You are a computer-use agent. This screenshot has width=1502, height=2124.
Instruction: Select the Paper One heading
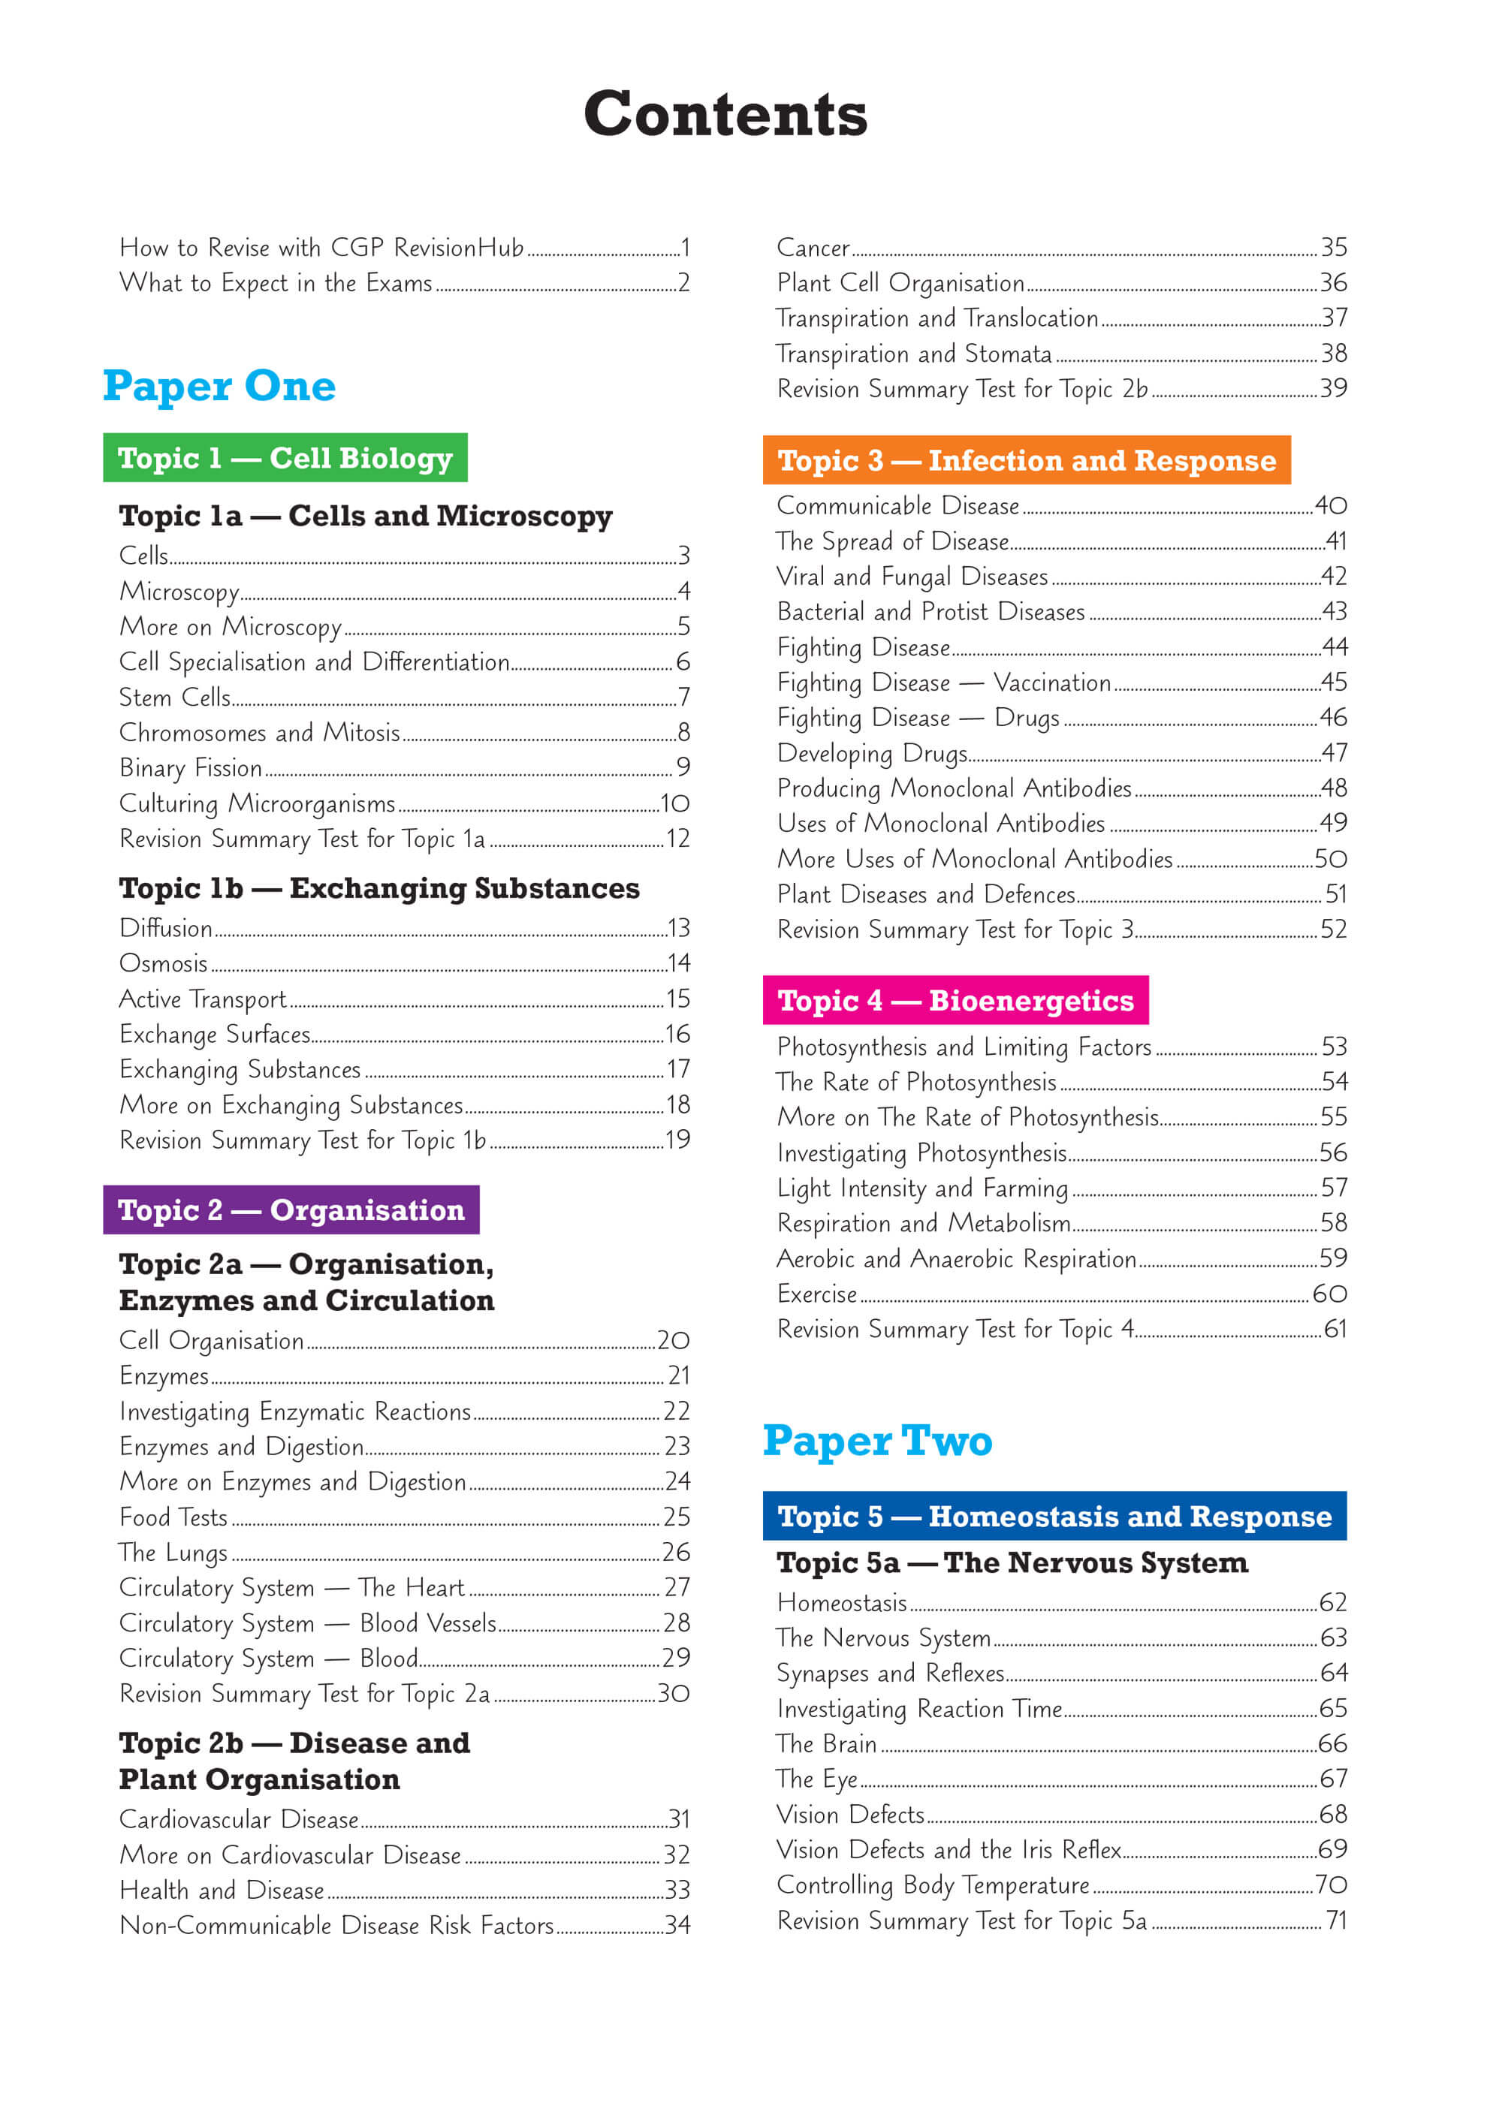[x=219, y=385]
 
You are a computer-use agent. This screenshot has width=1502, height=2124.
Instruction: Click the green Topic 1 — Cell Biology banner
[x=285, y=458]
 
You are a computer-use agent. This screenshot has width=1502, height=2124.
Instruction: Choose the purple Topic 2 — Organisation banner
[x=291, y=1210]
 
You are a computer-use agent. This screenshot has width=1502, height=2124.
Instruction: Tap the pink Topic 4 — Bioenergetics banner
[x=955, y=1001]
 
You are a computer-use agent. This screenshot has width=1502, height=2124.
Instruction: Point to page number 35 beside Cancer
[x=1332, y=248]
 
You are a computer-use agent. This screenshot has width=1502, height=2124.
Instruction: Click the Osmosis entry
[x=164, y=964]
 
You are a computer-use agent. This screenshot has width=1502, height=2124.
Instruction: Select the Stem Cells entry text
[x=175, y=697]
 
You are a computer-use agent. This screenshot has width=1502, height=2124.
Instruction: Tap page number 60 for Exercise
[x=1329, y=1294]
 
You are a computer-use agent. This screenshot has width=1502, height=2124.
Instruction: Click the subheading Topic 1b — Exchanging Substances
[x=379, y=888]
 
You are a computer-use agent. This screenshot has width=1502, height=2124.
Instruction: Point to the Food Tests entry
[x=173, y=1517]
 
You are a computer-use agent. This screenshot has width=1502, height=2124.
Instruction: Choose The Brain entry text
[x=826, y=1744]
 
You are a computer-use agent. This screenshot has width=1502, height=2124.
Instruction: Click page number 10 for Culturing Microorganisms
[x=674, y=804]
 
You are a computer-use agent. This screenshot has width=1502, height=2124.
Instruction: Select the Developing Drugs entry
[x=872, y=754]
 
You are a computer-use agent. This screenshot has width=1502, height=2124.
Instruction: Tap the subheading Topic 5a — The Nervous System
[x=1012, y=1562]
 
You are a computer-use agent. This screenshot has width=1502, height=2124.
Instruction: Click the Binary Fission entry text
[x=191, y=769]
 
